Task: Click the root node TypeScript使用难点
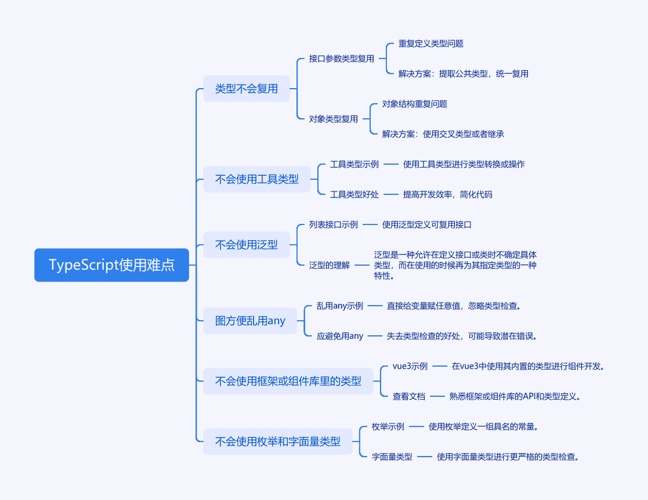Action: tap(112, 265)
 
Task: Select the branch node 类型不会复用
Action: tap(247, 88)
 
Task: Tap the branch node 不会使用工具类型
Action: tap(257, 179)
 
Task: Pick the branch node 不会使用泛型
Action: tap(247, 245)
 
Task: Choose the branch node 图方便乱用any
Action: tap(250, 321)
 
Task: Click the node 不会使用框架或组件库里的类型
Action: tap(288, 381)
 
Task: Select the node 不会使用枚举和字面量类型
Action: tap(278, 441)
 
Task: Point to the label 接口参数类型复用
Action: tap(341, 59)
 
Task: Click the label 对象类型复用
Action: tap(334, 119)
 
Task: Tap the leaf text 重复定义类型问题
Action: tap(431, 43)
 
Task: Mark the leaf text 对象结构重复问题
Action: tap(415, 104)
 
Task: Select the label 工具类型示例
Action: tap(354, 164)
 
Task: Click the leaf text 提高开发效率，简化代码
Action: tap(448, 194)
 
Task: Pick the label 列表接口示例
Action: tap(334, 224)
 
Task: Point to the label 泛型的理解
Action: tap(329, 265)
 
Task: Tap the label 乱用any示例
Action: tap(340, 306)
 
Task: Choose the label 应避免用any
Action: tap(340, 336)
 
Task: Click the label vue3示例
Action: tap(410, 366)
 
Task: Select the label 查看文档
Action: tap(409, 396)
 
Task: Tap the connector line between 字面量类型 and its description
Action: tap(424, 457)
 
